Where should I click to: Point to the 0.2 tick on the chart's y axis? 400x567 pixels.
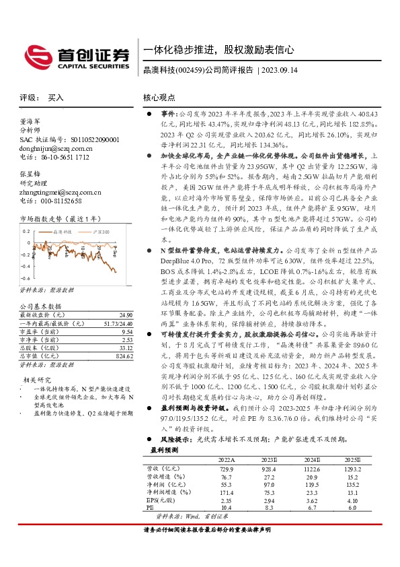pyautogui.click(x=26, y=231)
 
